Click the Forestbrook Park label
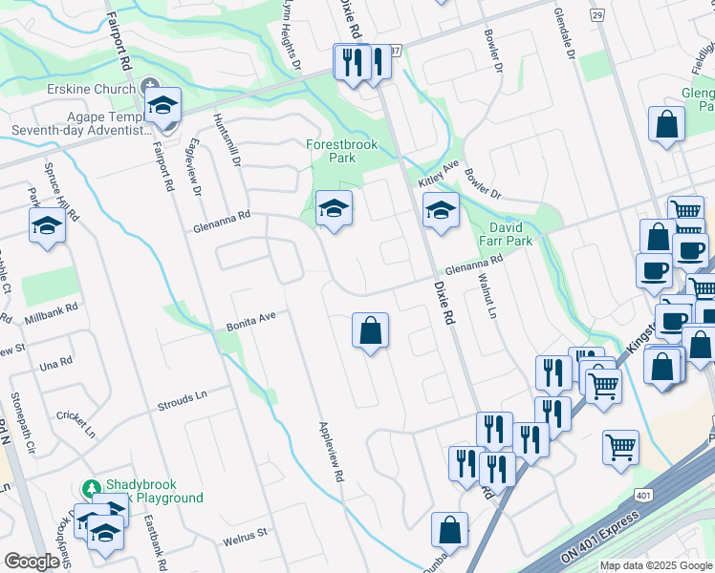click(341, 151)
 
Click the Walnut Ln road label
click(491, 299)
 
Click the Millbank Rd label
click(44, 316)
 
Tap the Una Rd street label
click(56, 365)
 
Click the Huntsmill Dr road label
click(230, 141)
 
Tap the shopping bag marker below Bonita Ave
click(370, 331)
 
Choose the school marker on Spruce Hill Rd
click(46, 226)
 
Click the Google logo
click(32, 561)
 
